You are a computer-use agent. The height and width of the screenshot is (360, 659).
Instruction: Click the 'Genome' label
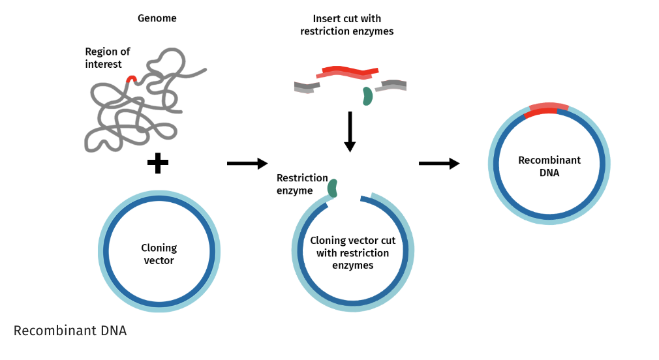(157, 18)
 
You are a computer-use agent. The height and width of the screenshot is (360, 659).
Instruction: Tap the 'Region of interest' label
(108, 57)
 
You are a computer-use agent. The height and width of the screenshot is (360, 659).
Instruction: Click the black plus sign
(157, 163)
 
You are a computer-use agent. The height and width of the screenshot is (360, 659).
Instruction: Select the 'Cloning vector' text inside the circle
(159, 254)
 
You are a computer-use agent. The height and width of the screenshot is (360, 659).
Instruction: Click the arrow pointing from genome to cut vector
(247, 163)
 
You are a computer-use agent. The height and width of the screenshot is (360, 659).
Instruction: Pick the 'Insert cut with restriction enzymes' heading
(346, 25)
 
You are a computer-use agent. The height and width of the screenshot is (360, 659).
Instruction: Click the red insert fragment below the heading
(350, 72)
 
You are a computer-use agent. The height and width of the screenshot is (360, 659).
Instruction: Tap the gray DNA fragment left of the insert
(306, 87)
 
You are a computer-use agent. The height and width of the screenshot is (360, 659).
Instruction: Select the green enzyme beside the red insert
(367, 96)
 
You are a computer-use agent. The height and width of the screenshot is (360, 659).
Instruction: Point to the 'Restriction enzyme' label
(301, 184)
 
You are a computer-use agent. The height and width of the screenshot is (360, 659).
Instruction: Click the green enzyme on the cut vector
(333, 188)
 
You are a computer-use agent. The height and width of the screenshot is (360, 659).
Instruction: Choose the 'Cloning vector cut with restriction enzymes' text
(352, 253)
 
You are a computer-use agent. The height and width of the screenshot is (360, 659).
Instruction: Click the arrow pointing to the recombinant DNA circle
(438, 163)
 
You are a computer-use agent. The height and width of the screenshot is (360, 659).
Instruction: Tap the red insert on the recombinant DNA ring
(547, 110)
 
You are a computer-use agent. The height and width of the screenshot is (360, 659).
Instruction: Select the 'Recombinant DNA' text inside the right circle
(549, 166)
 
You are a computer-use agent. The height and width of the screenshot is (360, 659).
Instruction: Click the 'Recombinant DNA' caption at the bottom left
(70, 331)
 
